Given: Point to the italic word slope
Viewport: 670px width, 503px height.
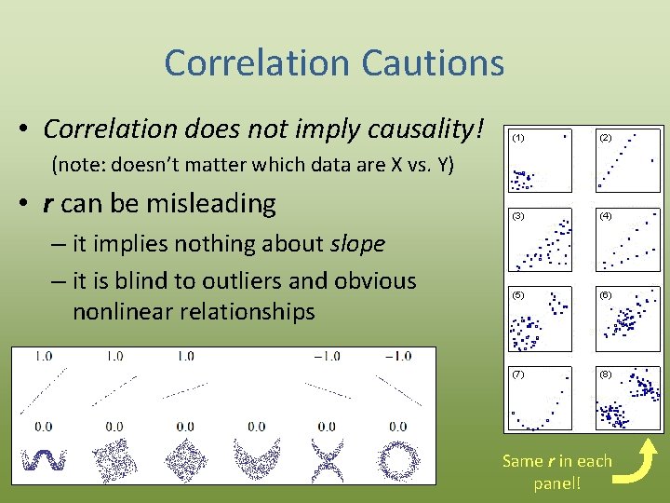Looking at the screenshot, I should click(357, 244).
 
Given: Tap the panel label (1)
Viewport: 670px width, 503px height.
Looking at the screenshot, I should click(518, 138).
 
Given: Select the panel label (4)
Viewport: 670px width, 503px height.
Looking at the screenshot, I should click(606, 216).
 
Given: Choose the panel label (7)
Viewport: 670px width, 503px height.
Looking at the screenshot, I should click(518, 374).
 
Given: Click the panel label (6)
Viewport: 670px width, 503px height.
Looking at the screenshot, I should click(606, 294).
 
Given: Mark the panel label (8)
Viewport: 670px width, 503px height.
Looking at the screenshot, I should click(606, 374).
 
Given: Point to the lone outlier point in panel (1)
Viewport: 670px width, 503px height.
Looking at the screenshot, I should click(564, 136).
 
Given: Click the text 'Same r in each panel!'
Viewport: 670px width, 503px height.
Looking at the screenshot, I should click(556, 471).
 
